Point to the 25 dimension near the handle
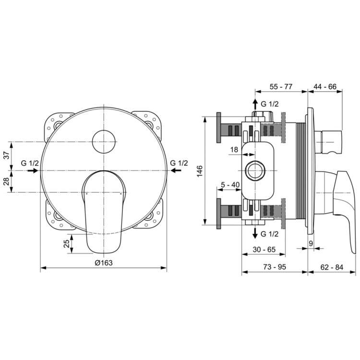coord(67,244)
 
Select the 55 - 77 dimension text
coord(280,86)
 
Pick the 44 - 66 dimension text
coord(325,86)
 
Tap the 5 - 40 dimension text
coord(230,185)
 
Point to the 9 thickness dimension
coord(311,244)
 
